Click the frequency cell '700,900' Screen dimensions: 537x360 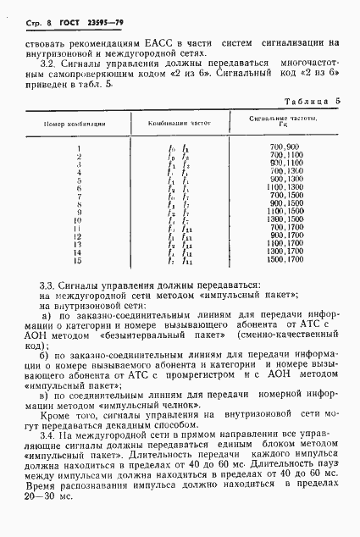(x=285, y=148)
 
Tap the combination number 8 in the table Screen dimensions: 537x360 (x=77, y=203)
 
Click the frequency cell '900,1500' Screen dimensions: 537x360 (x=285, y=203)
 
